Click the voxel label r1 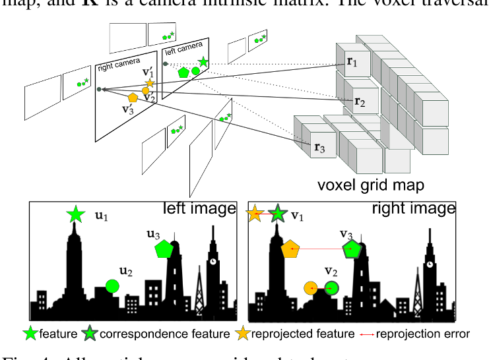pos(352,62)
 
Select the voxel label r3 pos(319,148)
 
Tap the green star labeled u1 pos(76,214)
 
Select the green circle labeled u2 pos(112,285)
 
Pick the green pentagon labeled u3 pos(164,249)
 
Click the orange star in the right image pos(255,214)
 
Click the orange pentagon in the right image pos(291,249)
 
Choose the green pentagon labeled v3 pos(351,249)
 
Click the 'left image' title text pos(199,209)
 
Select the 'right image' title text pos(414,209)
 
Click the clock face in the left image pos(214,260)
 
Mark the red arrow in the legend pos(367,334)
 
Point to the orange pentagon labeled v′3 pos(133,97)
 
